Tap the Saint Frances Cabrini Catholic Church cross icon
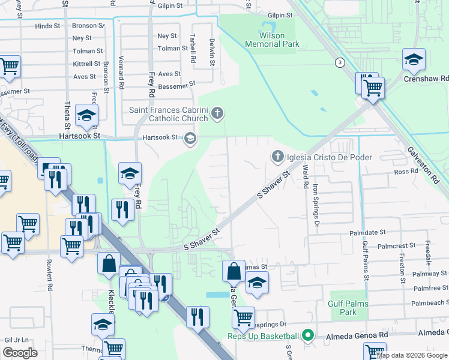[217, 113]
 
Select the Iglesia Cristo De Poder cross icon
[277, 157]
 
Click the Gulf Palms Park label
[342, 308]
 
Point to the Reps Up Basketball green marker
[308, 335]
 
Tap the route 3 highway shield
[340, 62]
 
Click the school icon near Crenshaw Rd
[414, 60]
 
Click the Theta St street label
[67, 114]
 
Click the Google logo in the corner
[20, 353]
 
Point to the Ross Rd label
[406, 171]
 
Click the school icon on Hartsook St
[190, 140]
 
